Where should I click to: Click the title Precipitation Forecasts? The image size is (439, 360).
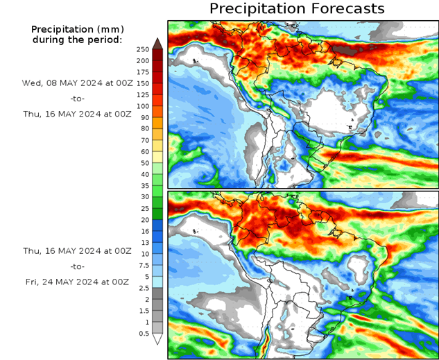[x=296, y=9]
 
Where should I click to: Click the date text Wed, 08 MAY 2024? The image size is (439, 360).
[x=76, y=83]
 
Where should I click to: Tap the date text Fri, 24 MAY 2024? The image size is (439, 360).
[x=76, y=282]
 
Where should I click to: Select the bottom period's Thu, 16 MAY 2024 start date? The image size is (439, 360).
[x=76, y=250]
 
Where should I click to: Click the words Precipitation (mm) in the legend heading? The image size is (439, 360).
[x=76, y=29]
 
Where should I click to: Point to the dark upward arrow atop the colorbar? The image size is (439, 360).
[x=157, y=43]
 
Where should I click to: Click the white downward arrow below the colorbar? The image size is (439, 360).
[x=157, y=339]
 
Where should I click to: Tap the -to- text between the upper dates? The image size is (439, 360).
[x=76, y=99]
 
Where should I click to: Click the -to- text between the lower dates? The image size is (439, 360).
[x=76, y=266]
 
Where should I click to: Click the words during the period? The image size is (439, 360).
[x=76, y=40]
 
